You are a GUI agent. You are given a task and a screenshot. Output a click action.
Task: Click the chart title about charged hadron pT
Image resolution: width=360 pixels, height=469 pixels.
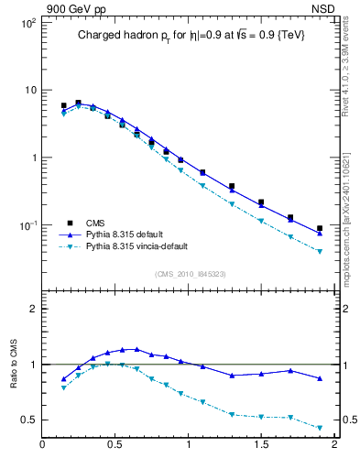190,35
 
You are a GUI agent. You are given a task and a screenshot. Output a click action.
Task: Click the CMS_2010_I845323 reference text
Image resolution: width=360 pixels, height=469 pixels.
190,274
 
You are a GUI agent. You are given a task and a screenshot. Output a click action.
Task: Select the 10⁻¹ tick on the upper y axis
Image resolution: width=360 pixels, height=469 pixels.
27,225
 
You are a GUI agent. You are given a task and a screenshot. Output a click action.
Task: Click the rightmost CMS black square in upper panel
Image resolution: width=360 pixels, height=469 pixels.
320,228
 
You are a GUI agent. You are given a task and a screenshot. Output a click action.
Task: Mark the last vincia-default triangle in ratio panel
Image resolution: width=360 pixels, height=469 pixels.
320,428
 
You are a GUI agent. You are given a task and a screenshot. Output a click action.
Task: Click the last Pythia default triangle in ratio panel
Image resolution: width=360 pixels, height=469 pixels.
320,378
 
